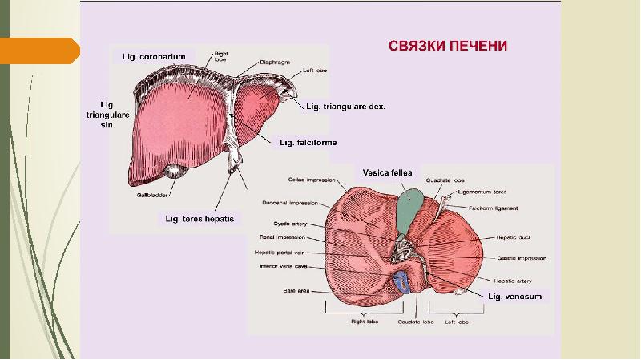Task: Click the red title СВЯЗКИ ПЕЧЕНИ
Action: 448,45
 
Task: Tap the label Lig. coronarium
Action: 153,56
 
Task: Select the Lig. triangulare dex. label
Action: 345,107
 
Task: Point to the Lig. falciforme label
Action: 308,143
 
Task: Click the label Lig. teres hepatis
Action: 200,218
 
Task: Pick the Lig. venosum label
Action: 515,296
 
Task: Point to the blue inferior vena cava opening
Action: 402,281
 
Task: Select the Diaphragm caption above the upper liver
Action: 275,62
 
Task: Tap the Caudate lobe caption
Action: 415,322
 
